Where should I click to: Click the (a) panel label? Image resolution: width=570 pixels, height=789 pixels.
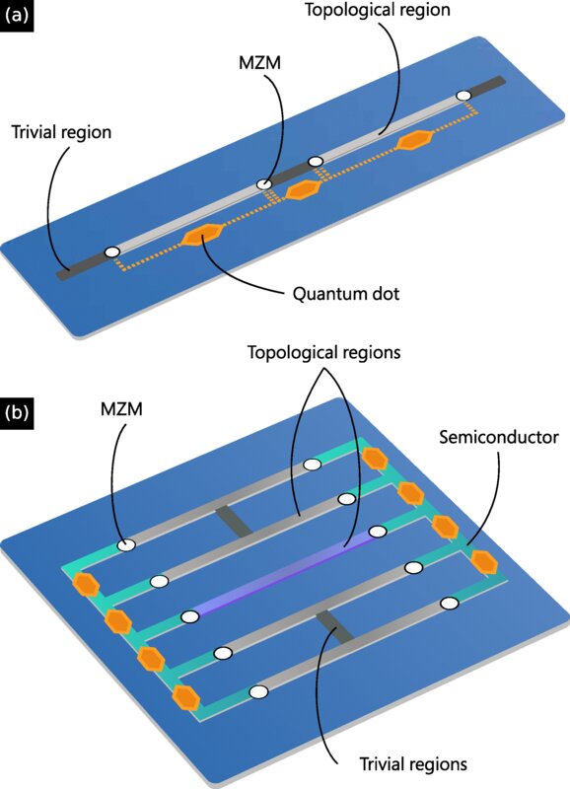tap(17, 16)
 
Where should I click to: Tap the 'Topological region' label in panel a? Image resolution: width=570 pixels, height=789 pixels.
tap(378, 11)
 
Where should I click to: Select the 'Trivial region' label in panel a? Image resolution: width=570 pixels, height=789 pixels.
tap(61, 132)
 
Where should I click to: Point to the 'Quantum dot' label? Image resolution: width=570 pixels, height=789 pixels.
tap(346, 293)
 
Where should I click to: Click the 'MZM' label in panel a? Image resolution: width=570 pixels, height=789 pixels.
tap(259, 63)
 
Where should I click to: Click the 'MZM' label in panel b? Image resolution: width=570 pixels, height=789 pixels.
tap(121, 408)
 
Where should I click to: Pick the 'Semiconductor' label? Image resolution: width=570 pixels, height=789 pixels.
tap(499, 437)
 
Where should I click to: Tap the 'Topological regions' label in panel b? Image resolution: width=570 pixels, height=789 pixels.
tap(324, 352)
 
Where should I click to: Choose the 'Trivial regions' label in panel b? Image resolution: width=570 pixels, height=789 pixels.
tap(413, 763)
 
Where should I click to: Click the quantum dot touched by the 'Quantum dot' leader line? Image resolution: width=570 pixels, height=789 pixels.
tap(202, 235)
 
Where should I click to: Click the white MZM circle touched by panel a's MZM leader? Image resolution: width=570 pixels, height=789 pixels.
tap(263, 184)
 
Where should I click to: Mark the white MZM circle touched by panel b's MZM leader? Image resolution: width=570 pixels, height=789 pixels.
tap(126, 544)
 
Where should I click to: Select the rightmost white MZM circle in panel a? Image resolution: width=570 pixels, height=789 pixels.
tap(463, 95)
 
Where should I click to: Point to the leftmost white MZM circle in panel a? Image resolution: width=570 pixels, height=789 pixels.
tap(111, 252)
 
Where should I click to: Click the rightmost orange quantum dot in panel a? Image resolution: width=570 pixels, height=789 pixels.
tap(414, 140)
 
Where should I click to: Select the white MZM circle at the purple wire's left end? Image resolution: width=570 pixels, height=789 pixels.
tap(189, 616)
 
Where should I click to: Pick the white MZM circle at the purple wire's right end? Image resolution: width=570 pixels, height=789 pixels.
tap(378, 531)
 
